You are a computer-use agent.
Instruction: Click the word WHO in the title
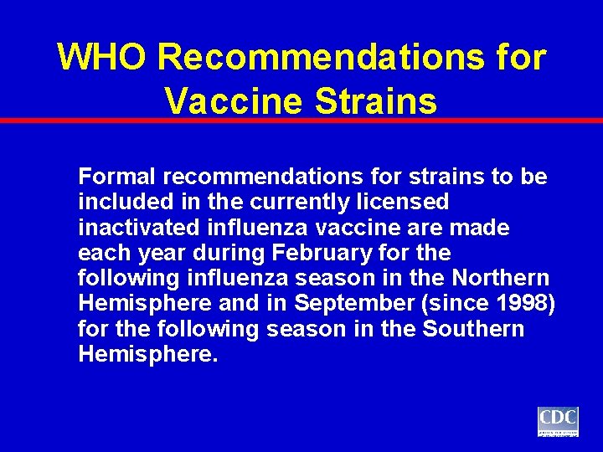(102, 58)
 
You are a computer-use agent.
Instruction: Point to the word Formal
(117, 177)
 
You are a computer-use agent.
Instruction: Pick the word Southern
(473, 329)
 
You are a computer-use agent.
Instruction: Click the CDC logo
(558, 421)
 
